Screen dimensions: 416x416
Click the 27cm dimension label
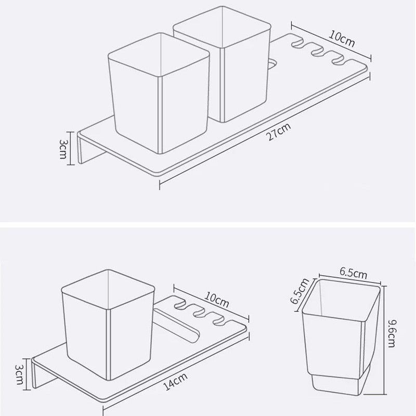[x=278, y=132]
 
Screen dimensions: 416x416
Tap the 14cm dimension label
[x=176, y=382]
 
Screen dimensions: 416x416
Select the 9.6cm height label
[x=392, y=333]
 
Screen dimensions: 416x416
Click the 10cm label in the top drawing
[x=342, y=38]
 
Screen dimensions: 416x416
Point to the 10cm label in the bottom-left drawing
[x=216, y=300]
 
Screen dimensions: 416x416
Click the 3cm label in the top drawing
[x=62, y=149]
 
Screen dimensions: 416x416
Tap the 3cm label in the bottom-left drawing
[x=19, y=374]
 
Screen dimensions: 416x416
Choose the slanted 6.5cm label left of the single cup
[x=300, y=291]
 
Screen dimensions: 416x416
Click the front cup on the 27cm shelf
[x=159, y=94]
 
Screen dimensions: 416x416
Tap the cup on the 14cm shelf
[x=108, y=325]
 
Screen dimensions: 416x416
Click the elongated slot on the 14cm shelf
[x=177, y=326]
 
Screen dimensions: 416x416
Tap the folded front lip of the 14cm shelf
[x=43, y=373]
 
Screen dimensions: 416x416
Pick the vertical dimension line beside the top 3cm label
[x=71, y=148]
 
